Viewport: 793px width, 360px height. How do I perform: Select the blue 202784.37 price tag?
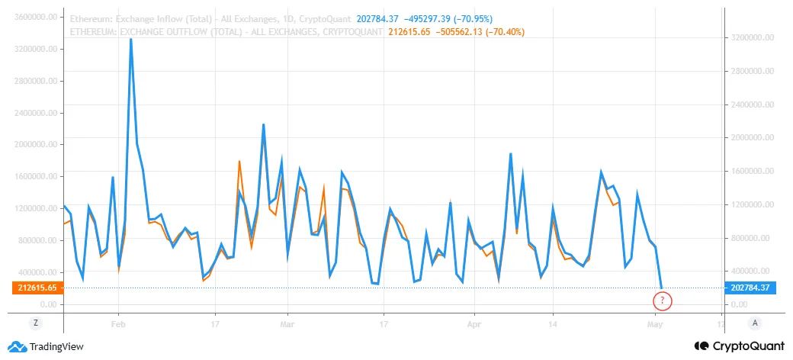(750, 288)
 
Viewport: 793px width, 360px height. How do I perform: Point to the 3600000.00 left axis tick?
(34, 18)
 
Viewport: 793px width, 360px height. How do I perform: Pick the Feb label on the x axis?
(118, 323)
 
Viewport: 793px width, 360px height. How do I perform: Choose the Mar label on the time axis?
(287, 323)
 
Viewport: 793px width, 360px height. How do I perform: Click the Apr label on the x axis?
(474, 323)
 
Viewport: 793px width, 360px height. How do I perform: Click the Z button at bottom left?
(34, 323)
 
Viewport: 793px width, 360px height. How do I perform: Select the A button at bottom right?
(754, 323)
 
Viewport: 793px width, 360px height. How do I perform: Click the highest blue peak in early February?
(131, 40)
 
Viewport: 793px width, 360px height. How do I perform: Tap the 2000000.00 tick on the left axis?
(34, 145)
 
